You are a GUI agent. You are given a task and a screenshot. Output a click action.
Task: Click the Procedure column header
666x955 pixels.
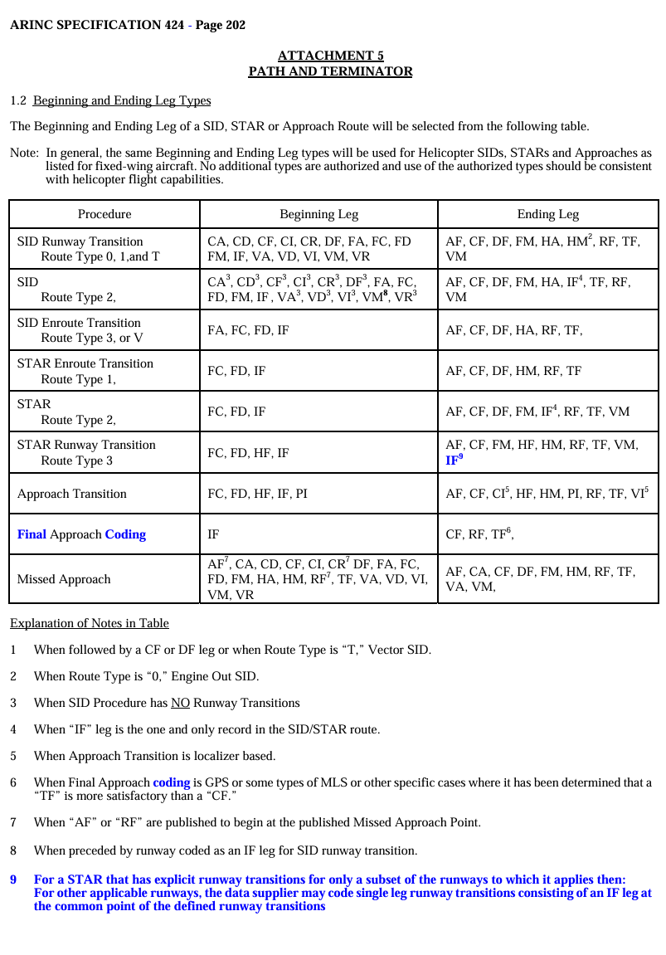[105, 214]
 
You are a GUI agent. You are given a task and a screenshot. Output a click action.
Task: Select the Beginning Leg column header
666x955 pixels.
[318, 214]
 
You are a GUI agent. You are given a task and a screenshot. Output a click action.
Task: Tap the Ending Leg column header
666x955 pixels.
[547, 214]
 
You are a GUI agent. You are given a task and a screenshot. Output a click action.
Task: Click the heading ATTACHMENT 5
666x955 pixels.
[330, 56]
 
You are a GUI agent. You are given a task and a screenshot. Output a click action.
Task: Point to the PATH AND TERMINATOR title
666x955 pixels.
[330, 71]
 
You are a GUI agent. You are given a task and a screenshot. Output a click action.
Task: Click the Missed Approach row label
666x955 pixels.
[64, 579]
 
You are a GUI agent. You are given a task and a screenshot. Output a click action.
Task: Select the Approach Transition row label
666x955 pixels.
[72, 494]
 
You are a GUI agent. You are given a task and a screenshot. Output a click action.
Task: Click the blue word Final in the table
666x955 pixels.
[32, 534]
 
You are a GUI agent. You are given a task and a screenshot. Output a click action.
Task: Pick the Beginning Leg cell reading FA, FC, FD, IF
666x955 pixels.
[248, 330]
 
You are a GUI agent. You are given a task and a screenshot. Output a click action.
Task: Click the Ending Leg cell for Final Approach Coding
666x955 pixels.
[479, 534]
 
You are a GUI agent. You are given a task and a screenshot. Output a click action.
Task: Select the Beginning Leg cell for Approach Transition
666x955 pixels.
[257, 494]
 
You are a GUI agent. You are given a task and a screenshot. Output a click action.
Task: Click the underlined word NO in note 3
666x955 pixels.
[180, 703]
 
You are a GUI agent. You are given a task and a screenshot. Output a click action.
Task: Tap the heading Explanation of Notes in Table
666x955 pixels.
[89, 623]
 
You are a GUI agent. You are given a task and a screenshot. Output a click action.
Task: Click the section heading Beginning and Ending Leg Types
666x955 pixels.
[122, 100]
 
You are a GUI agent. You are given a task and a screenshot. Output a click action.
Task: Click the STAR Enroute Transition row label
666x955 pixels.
[85, 363]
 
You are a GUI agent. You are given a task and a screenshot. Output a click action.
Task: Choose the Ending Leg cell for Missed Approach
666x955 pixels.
[540, 579]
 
